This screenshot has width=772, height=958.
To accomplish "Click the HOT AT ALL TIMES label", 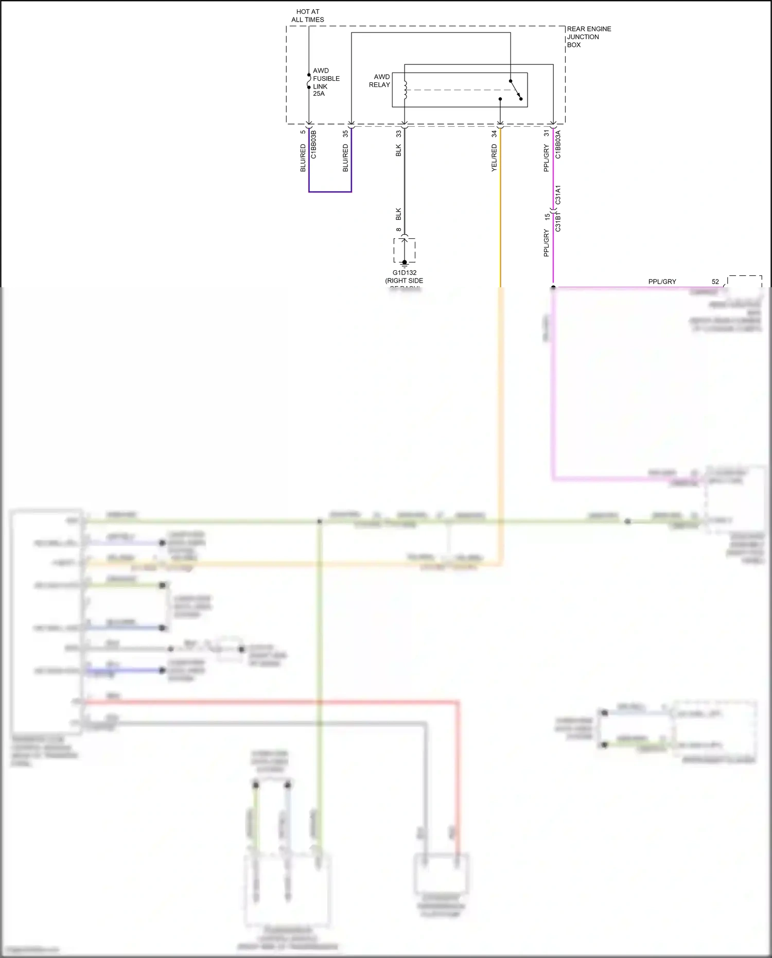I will click(308, 15).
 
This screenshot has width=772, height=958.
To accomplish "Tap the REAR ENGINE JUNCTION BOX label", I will click(589, 37).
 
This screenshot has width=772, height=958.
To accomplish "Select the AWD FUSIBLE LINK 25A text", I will click(326, 82).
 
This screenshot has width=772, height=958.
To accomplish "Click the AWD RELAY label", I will click(380, 81).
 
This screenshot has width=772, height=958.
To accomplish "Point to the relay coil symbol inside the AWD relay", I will click(406, 90).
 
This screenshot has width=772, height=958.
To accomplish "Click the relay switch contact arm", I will click(516, 90).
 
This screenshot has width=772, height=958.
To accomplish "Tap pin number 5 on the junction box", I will click(303, 132).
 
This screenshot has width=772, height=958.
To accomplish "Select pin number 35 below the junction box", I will click(345, 133).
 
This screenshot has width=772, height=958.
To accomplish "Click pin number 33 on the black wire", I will click(398, 133).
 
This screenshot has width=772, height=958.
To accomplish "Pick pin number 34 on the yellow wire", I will click(494, 133).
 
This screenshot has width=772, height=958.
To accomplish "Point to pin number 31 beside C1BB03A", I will click(547, 133).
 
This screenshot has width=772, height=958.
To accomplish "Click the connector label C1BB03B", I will click(313, 145).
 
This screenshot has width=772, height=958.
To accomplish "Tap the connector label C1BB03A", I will click(558, 145).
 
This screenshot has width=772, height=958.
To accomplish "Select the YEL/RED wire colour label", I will click(494, 158).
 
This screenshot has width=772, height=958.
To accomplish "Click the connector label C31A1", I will click(558, 195).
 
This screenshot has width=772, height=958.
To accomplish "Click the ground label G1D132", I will click(405, 273).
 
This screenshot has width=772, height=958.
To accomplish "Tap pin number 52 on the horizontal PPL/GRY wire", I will click(715, 282).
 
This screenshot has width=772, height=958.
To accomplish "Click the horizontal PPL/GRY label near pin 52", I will click(662, 282).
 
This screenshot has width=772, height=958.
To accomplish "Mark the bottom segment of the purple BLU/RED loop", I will click(330, 191).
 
